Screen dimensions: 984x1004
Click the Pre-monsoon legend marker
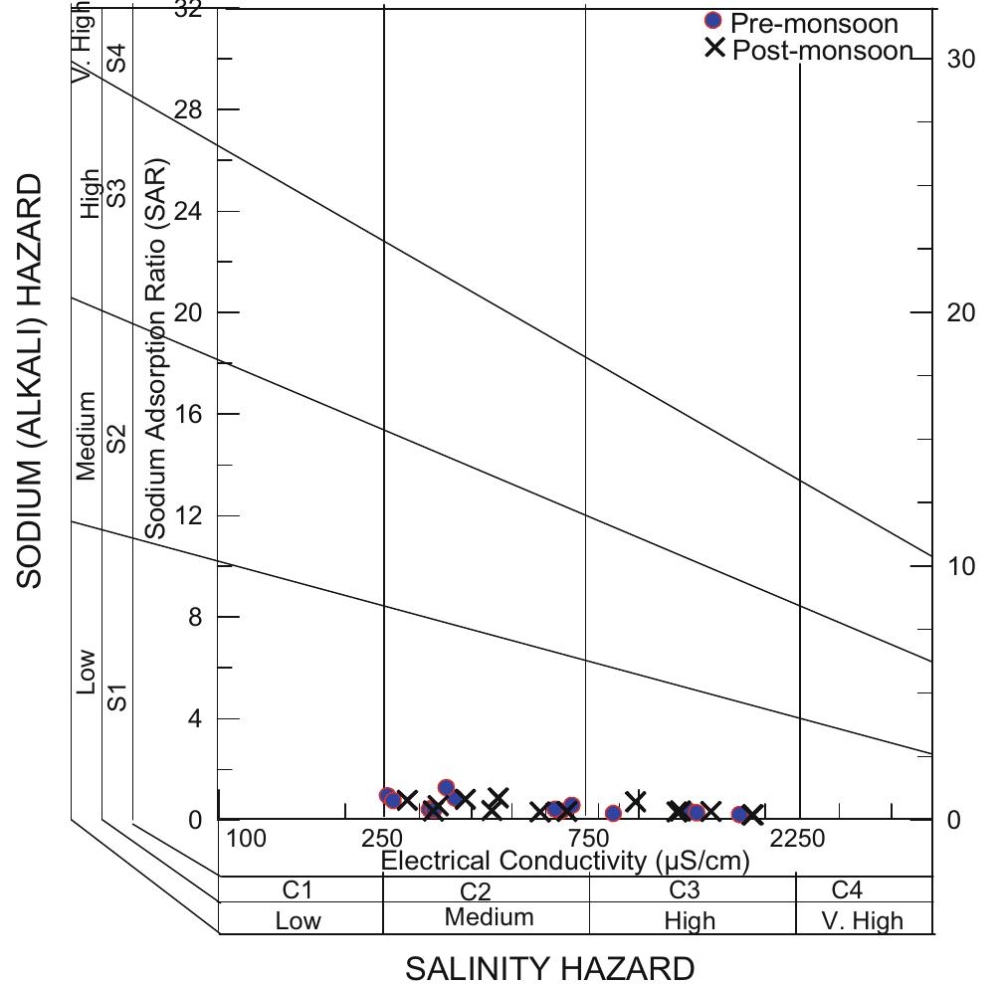712,22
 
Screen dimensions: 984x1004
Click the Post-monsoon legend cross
714,48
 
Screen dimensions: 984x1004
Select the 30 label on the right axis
961,59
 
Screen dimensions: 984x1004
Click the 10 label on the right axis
961,566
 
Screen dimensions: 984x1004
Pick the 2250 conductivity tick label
797,839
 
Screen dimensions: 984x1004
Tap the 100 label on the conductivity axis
246,839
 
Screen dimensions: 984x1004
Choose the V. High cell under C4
863,920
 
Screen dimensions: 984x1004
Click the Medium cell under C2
489,917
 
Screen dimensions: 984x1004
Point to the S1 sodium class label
117,696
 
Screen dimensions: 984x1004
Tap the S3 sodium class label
117,193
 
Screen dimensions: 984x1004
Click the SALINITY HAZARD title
549,968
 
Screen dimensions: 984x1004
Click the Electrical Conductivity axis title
565,861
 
